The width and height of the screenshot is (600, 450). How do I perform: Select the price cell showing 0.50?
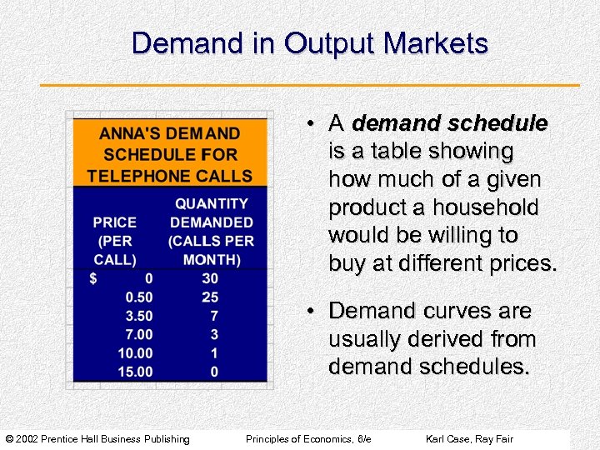click(x=138, y=297)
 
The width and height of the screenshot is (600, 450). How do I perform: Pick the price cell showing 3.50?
click(x=138, y=316)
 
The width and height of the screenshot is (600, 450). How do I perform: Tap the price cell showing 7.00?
click(x=138, y=334)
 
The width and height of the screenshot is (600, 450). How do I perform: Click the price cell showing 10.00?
click(x=135, y=352)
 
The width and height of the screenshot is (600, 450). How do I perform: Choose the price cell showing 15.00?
click(x=135, y=371)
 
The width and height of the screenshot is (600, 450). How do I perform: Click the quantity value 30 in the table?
click(x=210, y=279)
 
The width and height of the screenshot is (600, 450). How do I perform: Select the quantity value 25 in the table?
click(x=210, y=297)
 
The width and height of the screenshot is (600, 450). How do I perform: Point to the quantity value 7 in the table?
click(x=214, y=316)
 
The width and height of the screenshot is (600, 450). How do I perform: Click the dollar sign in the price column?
click(x=94, y=279)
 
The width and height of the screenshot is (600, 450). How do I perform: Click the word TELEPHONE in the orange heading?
click(x=136, y=176)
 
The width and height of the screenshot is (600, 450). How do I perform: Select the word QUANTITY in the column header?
click(x=211, y=203)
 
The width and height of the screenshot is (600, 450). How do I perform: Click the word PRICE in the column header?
click(x=114, y=222)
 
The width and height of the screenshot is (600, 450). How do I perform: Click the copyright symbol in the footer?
click(x=9, y=439)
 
